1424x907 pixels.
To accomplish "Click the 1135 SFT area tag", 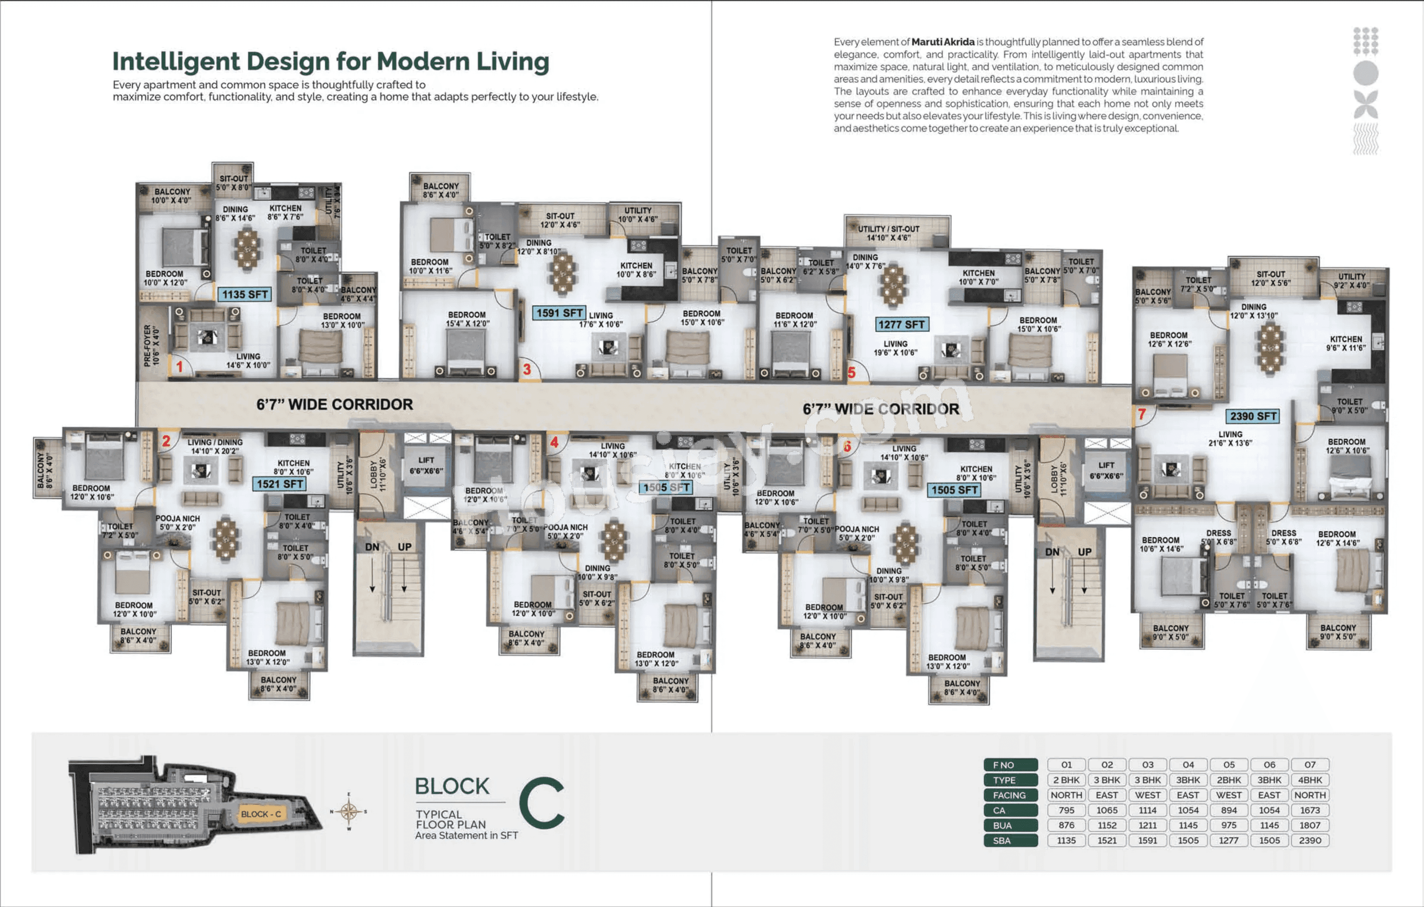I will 245,294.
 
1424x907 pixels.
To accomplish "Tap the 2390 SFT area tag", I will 1253,416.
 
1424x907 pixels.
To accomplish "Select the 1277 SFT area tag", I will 901,324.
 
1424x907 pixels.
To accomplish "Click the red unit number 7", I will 1142,414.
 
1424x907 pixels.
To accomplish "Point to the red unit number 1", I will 179,367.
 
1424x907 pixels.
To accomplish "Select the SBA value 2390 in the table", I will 1310,840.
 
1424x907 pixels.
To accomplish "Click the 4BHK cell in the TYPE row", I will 1310,780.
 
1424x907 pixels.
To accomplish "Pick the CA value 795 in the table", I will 1066,810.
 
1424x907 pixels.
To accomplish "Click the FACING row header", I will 1010,795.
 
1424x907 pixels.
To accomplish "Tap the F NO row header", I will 1010,765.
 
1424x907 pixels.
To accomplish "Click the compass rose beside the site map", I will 349,811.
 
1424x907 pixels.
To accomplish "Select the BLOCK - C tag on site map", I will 261,814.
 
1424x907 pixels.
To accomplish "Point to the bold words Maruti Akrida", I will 943,42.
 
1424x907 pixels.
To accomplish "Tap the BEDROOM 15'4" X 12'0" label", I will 467,319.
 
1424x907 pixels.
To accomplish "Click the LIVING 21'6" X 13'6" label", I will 1231,438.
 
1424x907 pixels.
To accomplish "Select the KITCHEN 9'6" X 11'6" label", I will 1346,343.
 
